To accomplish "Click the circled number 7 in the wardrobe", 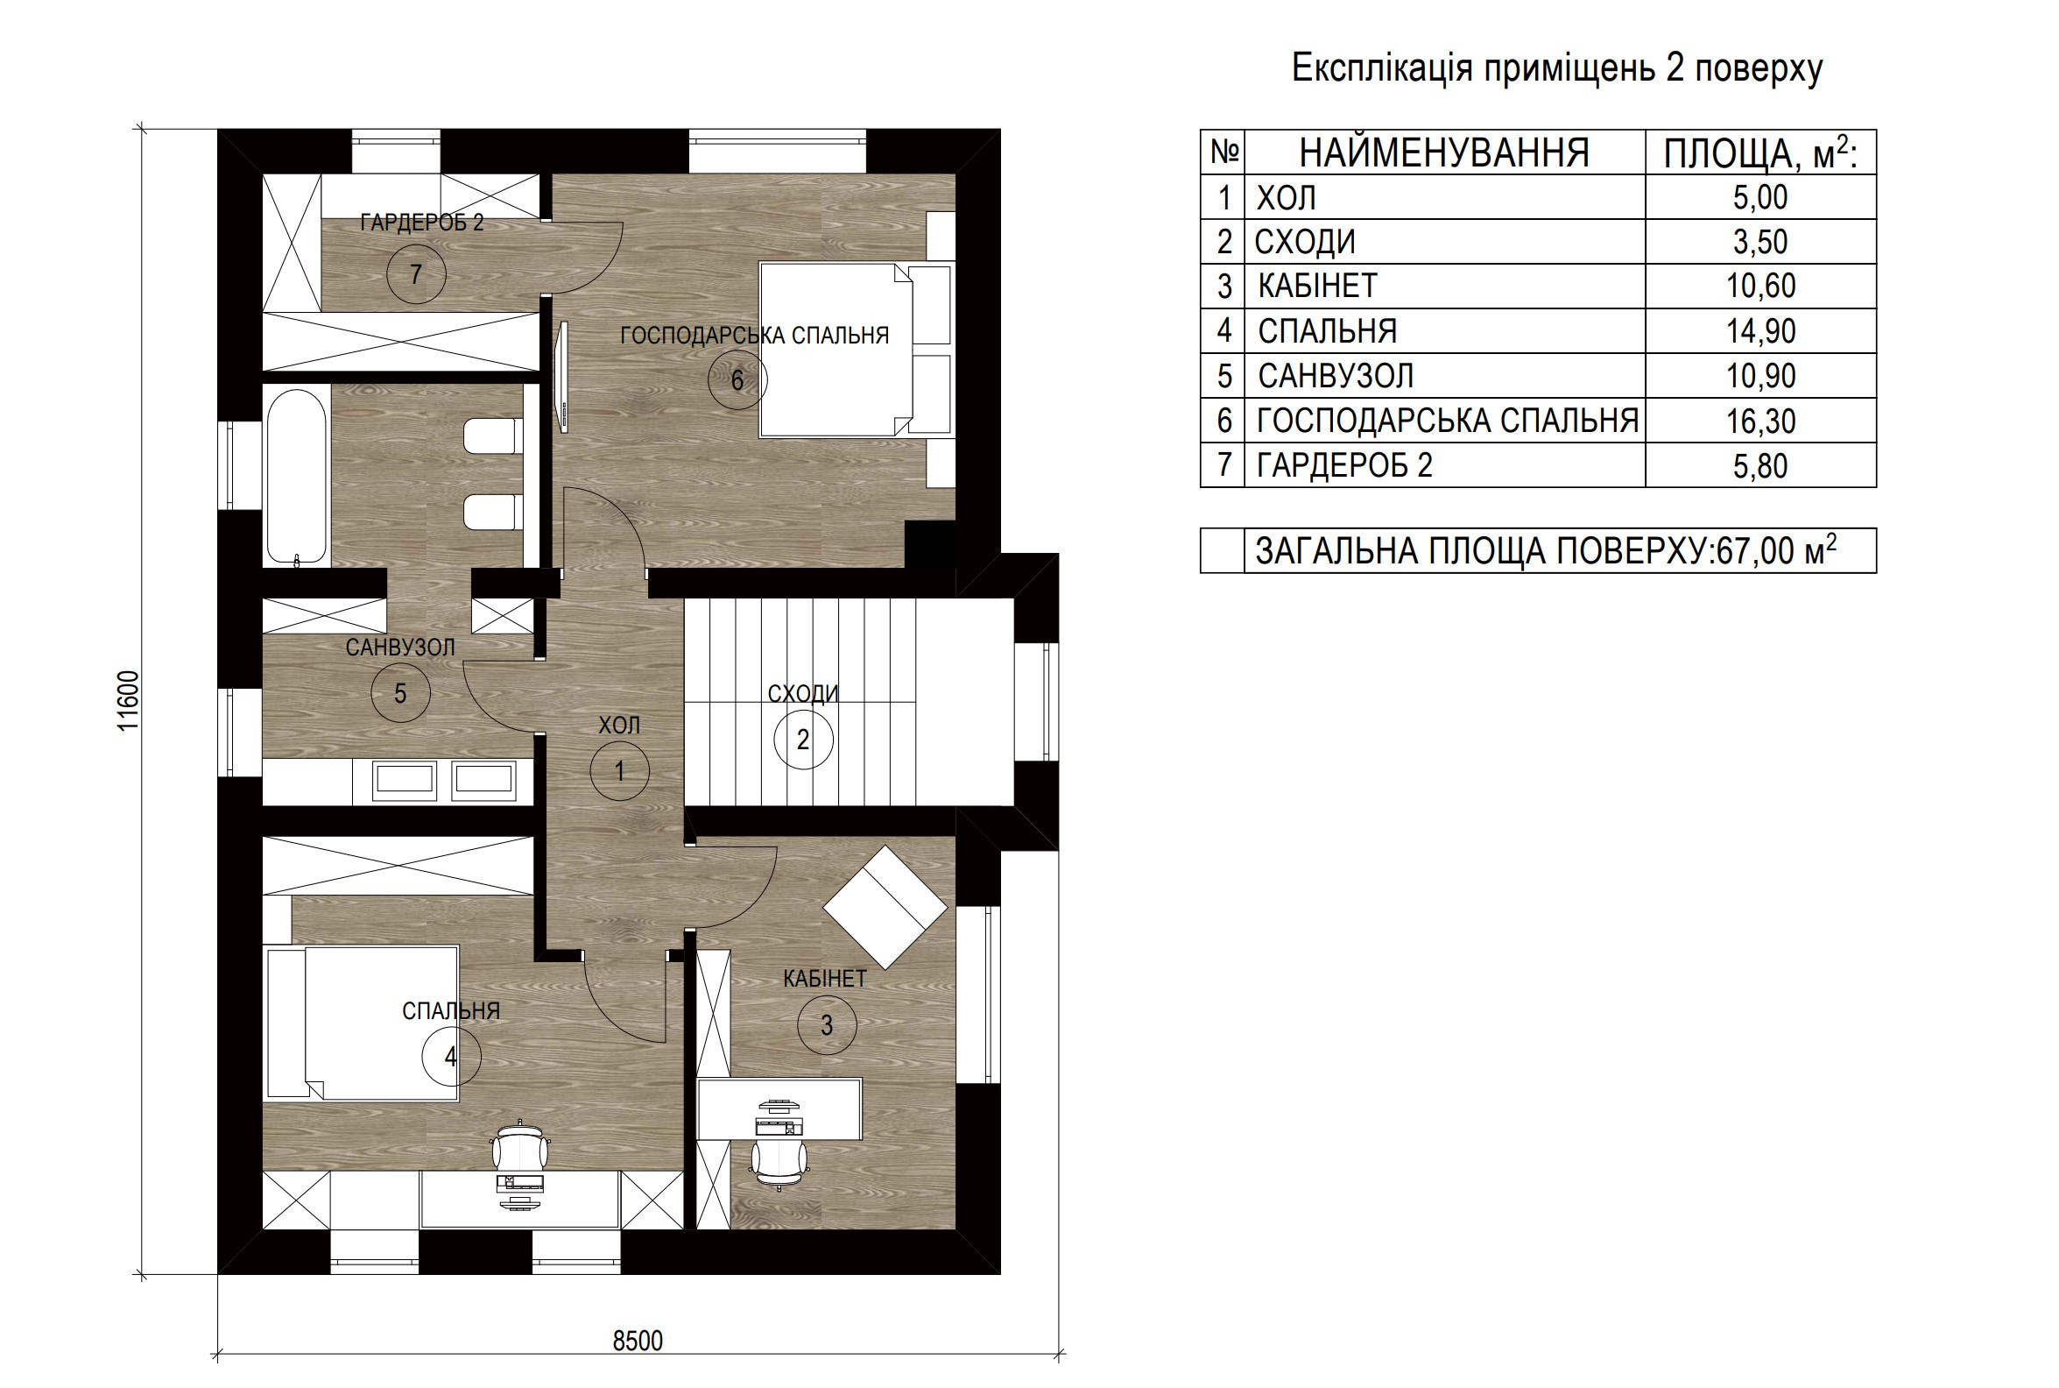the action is (416, 274).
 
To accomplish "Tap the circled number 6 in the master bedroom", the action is (737, 379).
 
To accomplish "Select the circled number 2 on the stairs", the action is (802, 740).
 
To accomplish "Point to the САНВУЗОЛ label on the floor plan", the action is (400, 647).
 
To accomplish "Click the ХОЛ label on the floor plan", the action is (618, 725).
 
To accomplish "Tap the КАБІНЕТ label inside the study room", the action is (825, 978).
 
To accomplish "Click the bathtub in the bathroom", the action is (296, 476).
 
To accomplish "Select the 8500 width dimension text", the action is (637, 1341).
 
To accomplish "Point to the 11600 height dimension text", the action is (130, 701).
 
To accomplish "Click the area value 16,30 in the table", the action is (1760, 421).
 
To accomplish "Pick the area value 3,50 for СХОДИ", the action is (1760, 242).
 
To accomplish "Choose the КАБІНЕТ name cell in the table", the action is (1317, 286).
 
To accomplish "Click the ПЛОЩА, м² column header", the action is (1760, 153).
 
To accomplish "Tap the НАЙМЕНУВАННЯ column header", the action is (1444, 153).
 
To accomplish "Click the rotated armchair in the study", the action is (885, 906).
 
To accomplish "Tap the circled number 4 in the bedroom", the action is (451, 1056).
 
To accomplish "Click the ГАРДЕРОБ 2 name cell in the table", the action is (1344, 465).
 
